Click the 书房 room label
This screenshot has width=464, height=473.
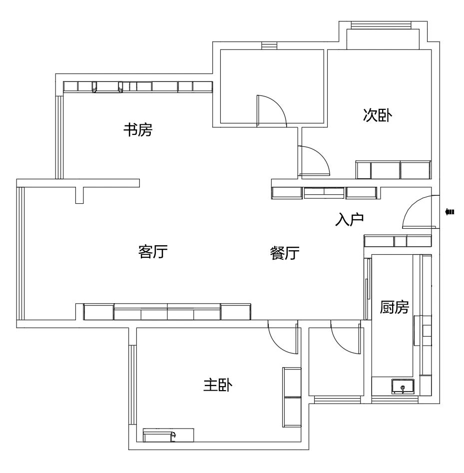(x=138, y=130)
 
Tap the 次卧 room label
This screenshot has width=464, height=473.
(x=378, y=115)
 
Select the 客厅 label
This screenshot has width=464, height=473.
(x=153, y=251)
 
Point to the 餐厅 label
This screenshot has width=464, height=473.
(x=285, y=253)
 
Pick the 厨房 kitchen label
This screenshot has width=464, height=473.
(x=394, y=307)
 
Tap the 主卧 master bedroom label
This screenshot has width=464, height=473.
(x=218, y=385)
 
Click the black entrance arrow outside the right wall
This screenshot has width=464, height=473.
(x=450, y=212)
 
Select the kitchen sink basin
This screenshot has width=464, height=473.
(x=403, y=387)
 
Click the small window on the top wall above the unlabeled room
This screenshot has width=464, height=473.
(x=269, y=45)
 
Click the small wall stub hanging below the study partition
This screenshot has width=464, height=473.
(x=79, y=195)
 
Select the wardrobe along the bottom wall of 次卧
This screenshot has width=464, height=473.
(x=393, y=170)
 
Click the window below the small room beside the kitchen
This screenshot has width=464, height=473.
(x=337, y=400)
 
